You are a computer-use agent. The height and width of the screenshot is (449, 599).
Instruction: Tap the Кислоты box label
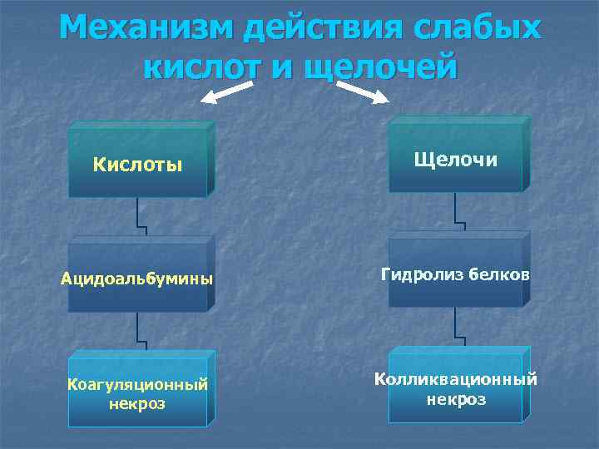[x=137, y=163]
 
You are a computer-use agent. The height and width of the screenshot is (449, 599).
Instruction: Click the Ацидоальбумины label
[x=136, y=278]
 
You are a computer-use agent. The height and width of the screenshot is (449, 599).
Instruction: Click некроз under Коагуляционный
[x=136, y=404]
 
